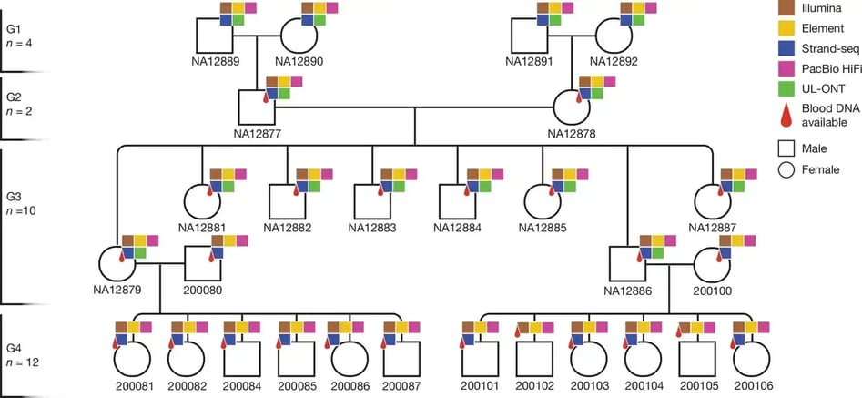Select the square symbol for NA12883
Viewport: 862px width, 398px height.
coord(372,201)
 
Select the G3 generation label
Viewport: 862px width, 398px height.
coord(15,196)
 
